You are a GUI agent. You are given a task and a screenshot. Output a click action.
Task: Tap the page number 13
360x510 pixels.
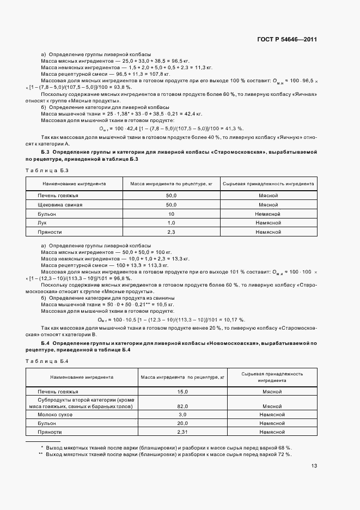(x=314, y=465)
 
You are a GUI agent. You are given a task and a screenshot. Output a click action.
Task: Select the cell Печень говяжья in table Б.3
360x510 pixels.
(x=58, y=195)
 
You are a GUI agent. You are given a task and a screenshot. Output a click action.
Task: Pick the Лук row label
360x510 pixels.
(x=41, y=223)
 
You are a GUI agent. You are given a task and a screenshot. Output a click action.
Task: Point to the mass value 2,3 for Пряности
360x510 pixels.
(x=171, y=232)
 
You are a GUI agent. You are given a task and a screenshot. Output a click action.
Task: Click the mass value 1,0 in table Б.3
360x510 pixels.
(x=171, y=223)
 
